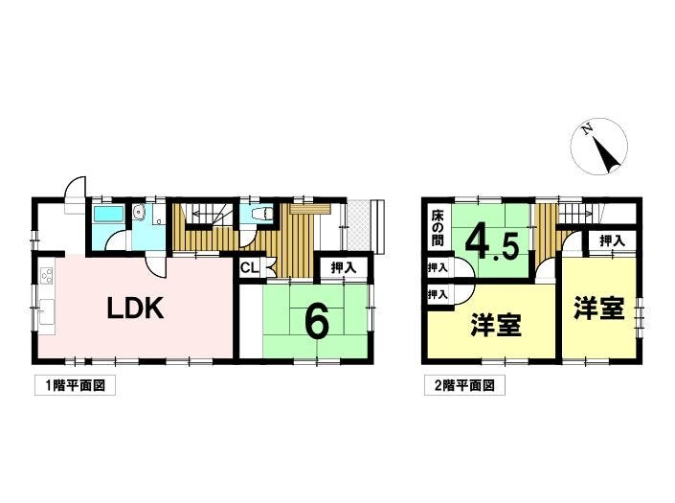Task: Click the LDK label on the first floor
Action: point(135,309)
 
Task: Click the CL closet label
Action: point(250,268)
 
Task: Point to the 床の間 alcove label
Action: point(438,228)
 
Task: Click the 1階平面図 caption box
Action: point(75,385)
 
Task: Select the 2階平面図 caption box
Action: point(464,385)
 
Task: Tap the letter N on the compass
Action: point(585,128)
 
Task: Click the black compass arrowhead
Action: point(607,156)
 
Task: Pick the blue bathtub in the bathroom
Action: point(108,214)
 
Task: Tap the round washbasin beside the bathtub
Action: point(139,212)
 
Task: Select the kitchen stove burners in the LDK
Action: point(47,275)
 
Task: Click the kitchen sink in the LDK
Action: point(47,311)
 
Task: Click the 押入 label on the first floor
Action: point(344,267)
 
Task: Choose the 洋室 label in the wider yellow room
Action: point(496,325)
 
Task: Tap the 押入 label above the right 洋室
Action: point(612,240)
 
